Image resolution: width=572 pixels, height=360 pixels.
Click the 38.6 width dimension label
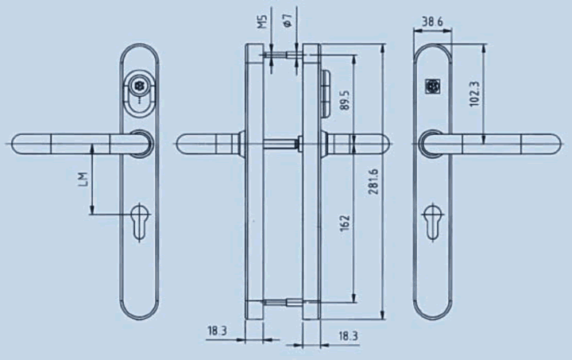pos(432,22)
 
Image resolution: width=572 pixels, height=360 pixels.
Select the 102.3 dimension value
pos(475,94)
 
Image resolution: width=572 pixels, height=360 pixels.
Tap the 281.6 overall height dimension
pos(373,181)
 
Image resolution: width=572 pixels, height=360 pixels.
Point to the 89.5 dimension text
pos(345,99)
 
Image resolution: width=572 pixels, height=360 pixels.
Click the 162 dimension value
pos(345,223)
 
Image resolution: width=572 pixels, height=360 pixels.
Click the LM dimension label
pos(83,179)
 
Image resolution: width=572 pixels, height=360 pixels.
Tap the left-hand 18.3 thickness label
pos(218,331)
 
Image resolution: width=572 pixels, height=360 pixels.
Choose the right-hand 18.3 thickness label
pos(348,336)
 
